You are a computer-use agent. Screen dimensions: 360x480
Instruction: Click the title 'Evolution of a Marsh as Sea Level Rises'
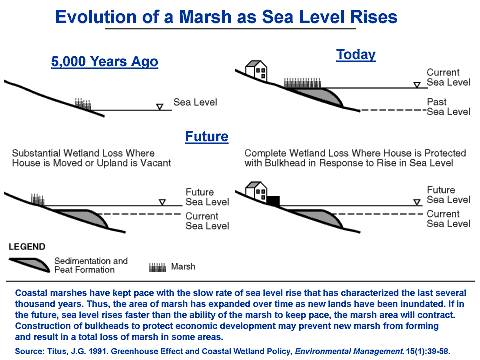tap(240, 17)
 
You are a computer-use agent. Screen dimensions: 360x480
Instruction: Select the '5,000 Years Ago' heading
tap(105, 62)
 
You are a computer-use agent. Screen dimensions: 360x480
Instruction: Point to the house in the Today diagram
tap(256, 70)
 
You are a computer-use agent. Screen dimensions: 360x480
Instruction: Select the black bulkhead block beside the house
tap(273, 200)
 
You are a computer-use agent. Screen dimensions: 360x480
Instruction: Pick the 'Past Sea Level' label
tap(448, 106)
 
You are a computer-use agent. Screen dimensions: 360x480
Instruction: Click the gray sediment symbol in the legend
tap(36, 265)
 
